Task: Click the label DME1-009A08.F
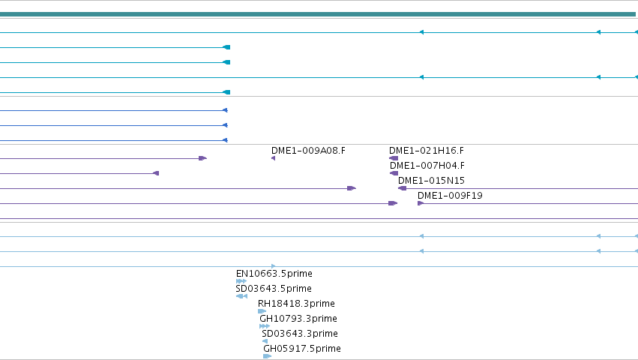pyautogui.click(x=308, y=151)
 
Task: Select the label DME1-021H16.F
pyautogui.click(x=427, y=151)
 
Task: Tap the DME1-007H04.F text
pyautogui.click(x=427, y=166)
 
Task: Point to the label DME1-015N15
pyautogui.click(x=431, y=181)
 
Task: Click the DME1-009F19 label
pyautogui.click(x=450, y=196)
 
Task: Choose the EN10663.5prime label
pyautogui.click(x=274, y=274)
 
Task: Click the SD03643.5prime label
pyautogui.click(x=274, y=289)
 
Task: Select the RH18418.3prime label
pyautogui.click(x=296, y=304)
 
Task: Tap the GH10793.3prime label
pyautogui.click(x=298, y=319)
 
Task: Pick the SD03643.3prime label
pyautogui.click(x=300, y=334)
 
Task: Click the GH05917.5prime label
pyautogui.click(x=302, y=349)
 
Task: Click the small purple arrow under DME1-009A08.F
pyautogui.click(x=274, y=158)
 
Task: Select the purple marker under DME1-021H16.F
pyautogui.click(x=394, y=158)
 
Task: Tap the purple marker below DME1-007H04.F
pyautogui.click(x=394, y=173)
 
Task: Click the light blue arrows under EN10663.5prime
pyautogui.click(x=241, y=281)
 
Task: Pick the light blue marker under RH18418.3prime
pyautogui.click(x=262, y=311)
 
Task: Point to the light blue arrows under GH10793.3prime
pyautogui.click(x=265, y=326)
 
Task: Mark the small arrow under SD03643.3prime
pyautogui.click(x=265, y=341)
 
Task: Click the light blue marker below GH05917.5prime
pyautogui.click(x=268, y=356)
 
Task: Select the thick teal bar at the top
pyautogui.click(x=318, y=15)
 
